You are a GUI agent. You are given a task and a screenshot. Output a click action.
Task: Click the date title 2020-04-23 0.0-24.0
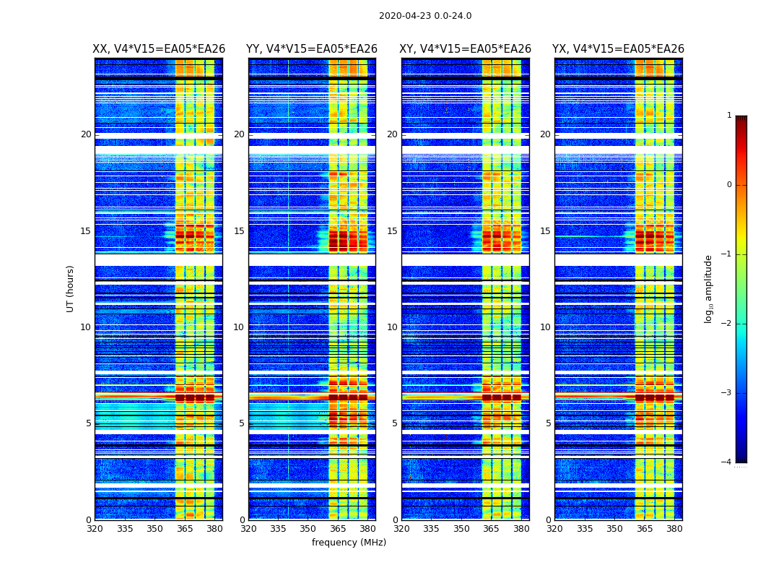coord(425,16)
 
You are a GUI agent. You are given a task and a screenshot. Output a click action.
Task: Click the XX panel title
coord(159,49)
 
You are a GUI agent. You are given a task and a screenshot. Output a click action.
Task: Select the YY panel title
coord(312,49)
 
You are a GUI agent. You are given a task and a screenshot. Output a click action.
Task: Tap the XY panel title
coord(466,49)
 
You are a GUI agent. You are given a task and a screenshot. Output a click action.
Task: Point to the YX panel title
coord(618,49)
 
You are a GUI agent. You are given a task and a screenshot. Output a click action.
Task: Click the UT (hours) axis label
coord(70,288)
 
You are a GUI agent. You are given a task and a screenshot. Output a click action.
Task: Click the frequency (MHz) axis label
coord(349,543)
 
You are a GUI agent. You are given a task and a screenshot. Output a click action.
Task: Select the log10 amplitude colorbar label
coord(708,288)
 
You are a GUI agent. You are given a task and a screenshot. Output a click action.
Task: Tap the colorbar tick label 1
coord(728,116)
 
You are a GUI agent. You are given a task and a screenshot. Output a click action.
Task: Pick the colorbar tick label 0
coord(728,185)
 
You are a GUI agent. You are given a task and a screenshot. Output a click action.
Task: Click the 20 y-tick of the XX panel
coord(86,134)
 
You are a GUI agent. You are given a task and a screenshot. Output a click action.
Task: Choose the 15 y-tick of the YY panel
coord(239,231)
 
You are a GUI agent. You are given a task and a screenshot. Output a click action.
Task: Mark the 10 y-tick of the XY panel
coord(392,327)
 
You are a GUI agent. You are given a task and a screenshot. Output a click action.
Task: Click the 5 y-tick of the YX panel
coord(548,423)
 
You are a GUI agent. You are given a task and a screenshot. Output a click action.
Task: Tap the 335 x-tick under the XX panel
coord(125,529)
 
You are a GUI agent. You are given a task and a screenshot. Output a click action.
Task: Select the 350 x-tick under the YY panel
coord(308,529)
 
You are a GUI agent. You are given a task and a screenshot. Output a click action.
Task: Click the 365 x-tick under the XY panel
coord(492,529)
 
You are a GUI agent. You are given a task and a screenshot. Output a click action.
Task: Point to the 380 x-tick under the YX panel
coord(674,529)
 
